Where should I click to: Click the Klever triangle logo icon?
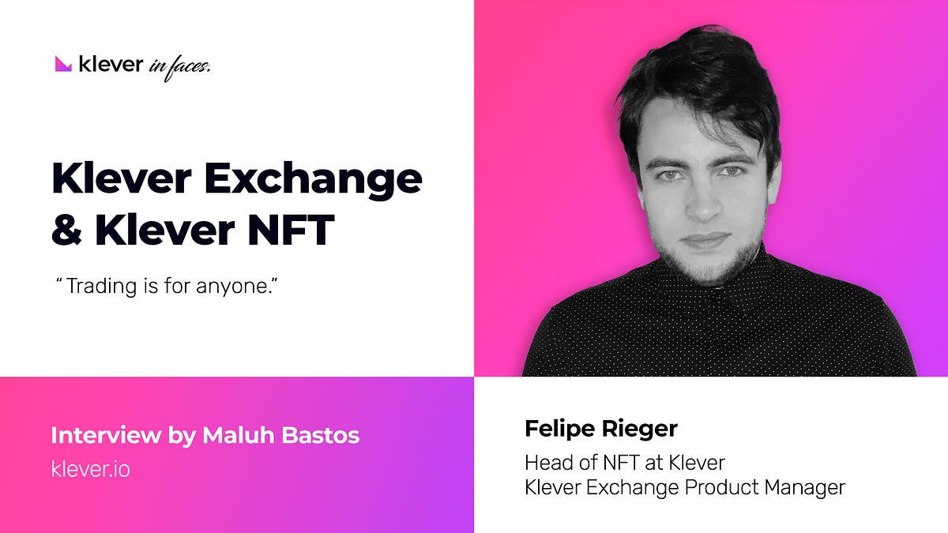tap(63, 64)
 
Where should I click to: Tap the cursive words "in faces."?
tap(179, 68)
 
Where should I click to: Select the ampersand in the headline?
tap(66, 230)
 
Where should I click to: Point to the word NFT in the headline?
tap(292, 230)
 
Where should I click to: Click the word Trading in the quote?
tap(102, 287)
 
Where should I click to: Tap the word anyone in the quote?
tap(232, 287)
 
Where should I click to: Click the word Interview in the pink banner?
tap(106, 435)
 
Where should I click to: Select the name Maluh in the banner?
tap(239, 435)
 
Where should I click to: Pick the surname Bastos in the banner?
tap(321, 435)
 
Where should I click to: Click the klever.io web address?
tap(91, 469)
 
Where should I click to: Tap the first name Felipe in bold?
tap(560, 430)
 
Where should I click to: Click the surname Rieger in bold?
tap(639, 430)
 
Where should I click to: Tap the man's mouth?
tap(705, 239)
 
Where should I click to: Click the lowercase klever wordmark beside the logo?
tap(111, 64)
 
